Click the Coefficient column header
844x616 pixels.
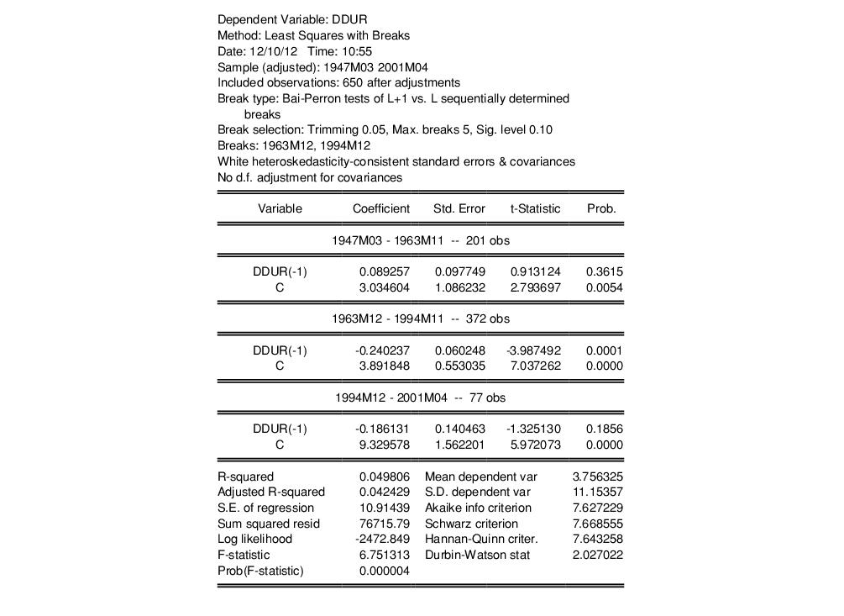coord(380,208)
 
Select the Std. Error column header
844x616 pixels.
coord(459,208)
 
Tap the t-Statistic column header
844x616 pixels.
coord(535,208)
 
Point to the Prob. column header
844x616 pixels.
coord(601,208)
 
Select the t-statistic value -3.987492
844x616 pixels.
coord(535,350)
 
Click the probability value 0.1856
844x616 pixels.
coord(605,429)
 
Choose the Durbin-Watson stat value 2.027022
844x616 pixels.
coord(598,555)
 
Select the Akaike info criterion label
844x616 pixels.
coord(478,508)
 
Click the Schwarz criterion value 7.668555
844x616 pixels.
coord(598,524)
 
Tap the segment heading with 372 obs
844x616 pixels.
coord(420,319)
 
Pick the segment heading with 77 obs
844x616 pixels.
coord(420,398)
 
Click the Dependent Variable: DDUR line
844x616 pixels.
coord(292,19)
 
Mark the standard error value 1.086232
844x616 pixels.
coord(459,287)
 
